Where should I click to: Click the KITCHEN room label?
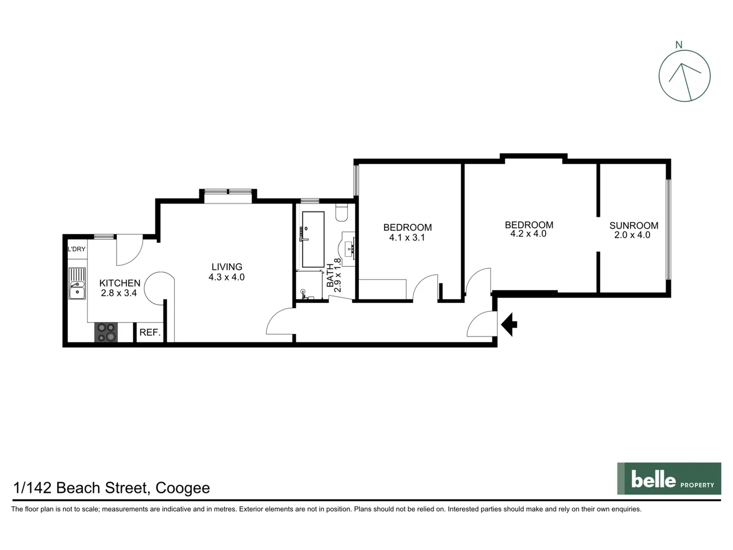(120, 283)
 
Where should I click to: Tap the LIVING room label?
(227, 267)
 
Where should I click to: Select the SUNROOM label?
(633, 226)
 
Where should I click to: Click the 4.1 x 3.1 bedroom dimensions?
(407, 237)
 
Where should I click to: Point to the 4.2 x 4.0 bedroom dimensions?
(528, 234)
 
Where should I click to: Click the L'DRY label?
(77, 249)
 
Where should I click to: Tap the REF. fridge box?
(150, 333)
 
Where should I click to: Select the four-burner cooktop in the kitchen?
(106, 333)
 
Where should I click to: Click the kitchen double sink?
(77, 284)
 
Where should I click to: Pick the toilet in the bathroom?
(342, 212)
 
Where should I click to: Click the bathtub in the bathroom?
(313, 239)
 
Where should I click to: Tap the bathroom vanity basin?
(350, 249)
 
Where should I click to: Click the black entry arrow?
(510, 324)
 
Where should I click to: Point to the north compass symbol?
(684, 76)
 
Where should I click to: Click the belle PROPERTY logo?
(669, 479)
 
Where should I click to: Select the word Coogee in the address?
(182, 488)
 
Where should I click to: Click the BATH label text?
(330, 275)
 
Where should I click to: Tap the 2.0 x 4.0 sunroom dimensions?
(632, 235)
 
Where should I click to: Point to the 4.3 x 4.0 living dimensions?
(227, 278)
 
